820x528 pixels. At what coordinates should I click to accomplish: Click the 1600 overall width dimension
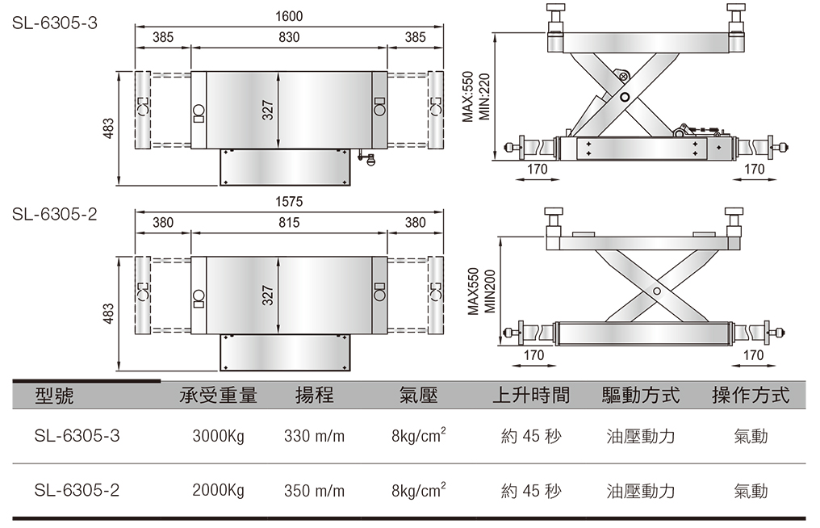[x=289, y=16]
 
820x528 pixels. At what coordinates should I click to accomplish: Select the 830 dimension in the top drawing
[x=289, y=37]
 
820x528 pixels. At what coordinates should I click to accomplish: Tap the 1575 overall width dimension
[x=289, y=201]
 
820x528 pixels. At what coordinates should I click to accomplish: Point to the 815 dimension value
[x=289, y=223]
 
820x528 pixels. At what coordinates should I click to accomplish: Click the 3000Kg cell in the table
[x=218, y=437]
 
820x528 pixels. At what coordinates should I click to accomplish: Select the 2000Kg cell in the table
[x=218, y=490]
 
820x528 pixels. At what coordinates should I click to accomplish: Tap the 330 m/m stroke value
[x=314, y=437]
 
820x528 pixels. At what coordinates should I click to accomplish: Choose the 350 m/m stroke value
[x=314, y=490]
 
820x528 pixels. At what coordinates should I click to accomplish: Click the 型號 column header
[x=56, y=395]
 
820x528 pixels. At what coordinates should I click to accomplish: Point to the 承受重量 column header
[x=218, y=395]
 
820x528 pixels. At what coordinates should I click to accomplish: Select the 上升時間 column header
[x=530, y=395]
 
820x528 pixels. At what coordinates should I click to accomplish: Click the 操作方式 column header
[x=750, y=395]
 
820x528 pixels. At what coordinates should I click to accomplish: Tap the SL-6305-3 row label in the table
[x=77, y=437]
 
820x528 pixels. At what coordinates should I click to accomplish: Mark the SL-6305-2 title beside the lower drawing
[x=54, y=214]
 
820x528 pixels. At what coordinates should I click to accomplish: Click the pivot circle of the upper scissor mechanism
[x=625, y=98]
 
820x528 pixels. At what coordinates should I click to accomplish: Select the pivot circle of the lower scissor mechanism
[x=657, y=291]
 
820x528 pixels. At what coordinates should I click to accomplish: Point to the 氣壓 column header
[x=418, y=395]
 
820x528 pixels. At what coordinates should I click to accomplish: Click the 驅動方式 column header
[x=641, y=395]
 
